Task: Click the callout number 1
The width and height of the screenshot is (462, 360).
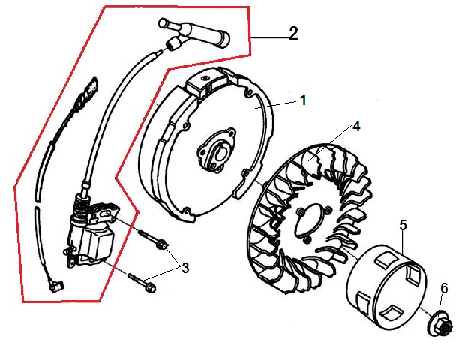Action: click(303, 100)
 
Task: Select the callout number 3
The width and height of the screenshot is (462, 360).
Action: click(185, 266)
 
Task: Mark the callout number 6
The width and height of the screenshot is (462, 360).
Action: click(444, 287)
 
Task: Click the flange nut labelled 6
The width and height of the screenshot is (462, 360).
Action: click(439, 325)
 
